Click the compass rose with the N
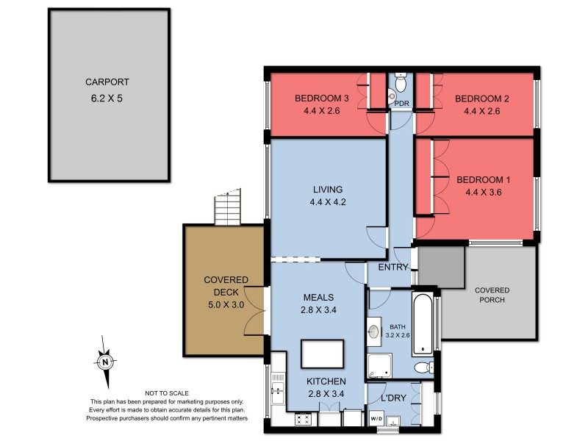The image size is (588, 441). click(x=106, y=362)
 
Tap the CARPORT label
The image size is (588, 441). click(x=108, y=82)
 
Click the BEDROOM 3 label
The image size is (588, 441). click(x=321, y=98)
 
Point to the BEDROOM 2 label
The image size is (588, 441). click(x=481, y=98)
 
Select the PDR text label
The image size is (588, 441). click(x=401, y=104)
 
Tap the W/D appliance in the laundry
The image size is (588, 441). click(x=376, y=419)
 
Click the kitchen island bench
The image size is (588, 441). click(x=323, y=354)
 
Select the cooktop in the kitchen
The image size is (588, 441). click(x=304, y=420)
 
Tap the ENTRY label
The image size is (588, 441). click(x=392, y=268)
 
